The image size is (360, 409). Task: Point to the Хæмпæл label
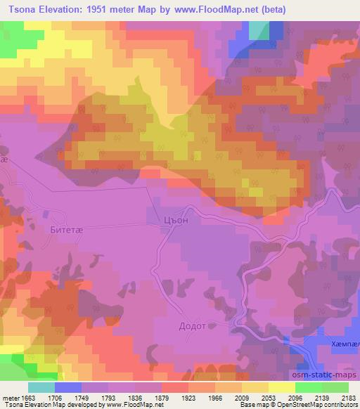(x=345, y=345)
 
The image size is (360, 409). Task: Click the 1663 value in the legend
(x=26, y=396)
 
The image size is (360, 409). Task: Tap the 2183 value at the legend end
(x=349, y=396)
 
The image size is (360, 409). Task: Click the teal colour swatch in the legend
(x=41, y=387)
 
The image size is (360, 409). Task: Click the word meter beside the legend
(x=10, y=396)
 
